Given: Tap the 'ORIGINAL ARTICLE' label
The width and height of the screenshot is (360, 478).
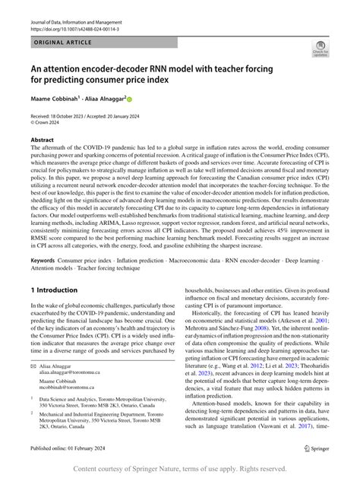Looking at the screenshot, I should point(62,45).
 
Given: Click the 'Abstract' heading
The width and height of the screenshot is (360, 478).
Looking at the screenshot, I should point(43,141).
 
